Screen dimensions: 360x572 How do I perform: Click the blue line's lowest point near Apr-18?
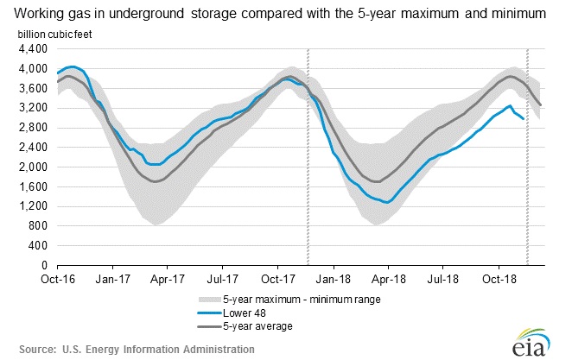click(x=388, y=202)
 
